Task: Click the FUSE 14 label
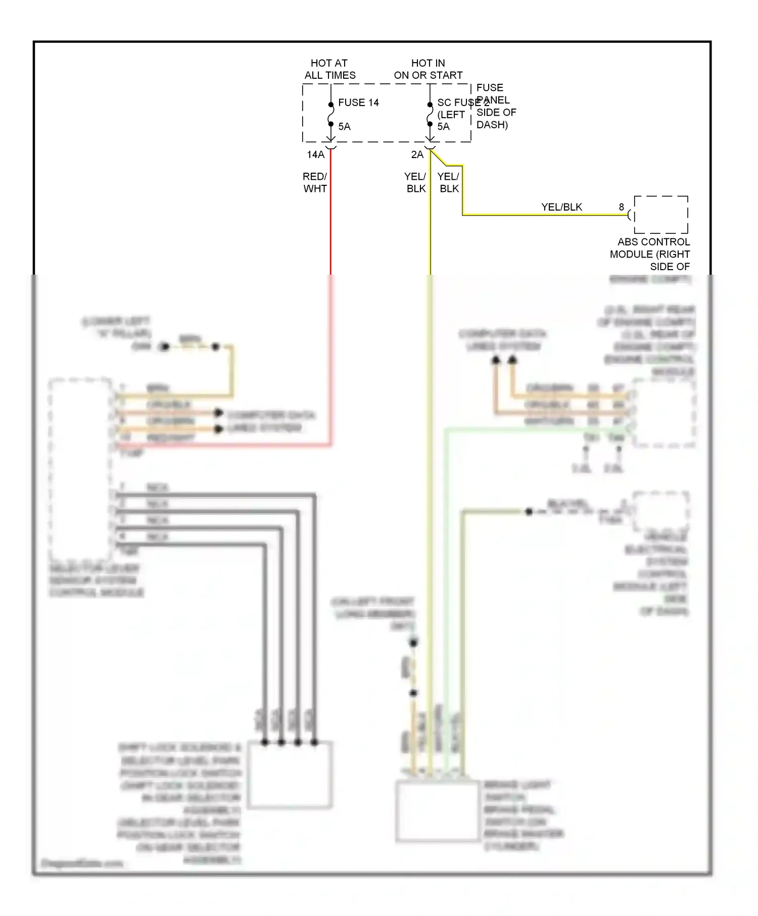[x=358, y=103]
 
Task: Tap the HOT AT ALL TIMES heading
[x=329, y=69]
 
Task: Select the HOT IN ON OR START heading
[x=428, y=69]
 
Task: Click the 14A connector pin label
[x=315, y=155]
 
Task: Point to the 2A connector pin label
[x=417, y=155]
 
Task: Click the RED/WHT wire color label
[x=315, y=182]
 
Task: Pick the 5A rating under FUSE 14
[x=344, y=127]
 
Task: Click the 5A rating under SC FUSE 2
[x=443, y=127]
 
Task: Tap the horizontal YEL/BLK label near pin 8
[x=561, y=207]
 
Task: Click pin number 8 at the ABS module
[x=621, y=207]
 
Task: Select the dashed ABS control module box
[x=661, y=215]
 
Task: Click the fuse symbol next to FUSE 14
[x=330, y=114]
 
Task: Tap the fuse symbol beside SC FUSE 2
[x=430, y=114]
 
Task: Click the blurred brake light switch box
[x=437, y=811]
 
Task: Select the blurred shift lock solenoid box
[x=289, y=775]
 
